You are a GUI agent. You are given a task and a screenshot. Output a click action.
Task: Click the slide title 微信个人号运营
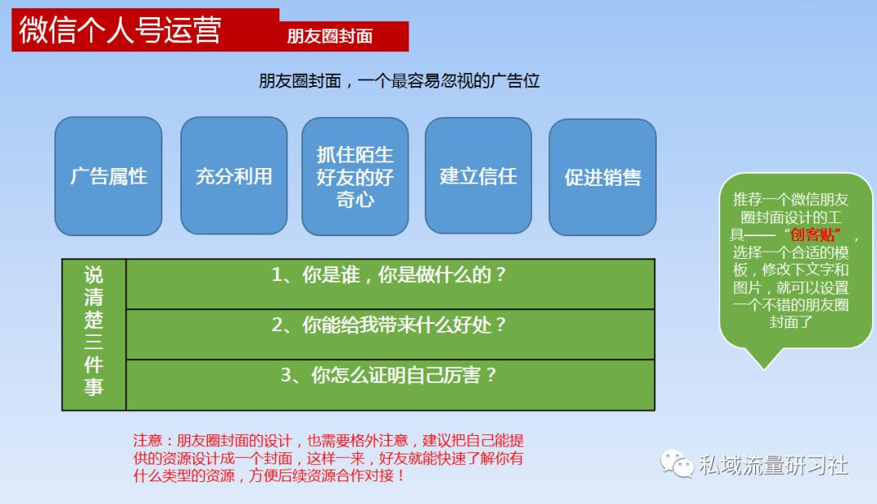[119, 31]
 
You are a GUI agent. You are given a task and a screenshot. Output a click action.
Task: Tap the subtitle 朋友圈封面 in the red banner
[330, 37]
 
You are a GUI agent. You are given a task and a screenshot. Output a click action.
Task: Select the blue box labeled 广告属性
[109, 176]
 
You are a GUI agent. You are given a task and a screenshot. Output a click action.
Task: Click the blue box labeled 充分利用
[234, 176]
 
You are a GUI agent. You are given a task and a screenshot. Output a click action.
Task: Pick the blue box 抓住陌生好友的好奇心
[355, 176]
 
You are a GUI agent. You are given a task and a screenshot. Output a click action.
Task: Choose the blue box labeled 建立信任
[478, 176]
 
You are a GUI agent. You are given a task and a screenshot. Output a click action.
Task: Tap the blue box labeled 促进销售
[603, 177]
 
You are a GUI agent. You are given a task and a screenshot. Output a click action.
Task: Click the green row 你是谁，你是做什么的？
[390, 275]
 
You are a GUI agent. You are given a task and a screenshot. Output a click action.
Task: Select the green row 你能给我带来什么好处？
[390, 325]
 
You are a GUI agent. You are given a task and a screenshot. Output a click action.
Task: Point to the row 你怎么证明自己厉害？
[390, 375]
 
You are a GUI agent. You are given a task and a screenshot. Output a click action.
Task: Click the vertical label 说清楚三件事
[94, 334]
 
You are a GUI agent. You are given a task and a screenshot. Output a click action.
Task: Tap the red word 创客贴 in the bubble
[814, 235]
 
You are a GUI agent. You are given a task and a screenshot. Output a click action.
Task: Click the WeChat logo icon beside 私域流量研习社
[676, 464]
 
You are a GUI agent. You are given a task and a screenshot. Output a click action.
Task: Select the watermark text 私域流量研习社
[773, 465]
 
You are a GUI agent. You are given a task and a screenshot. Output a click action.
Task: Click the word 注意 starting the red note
[147, 441]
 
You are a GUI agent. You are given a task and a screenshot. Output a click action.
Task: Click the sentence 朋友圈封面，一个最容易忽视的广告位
[399, 81]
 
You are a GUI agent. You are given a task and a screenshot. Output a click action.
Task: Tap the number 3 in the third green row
[286, 376]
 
